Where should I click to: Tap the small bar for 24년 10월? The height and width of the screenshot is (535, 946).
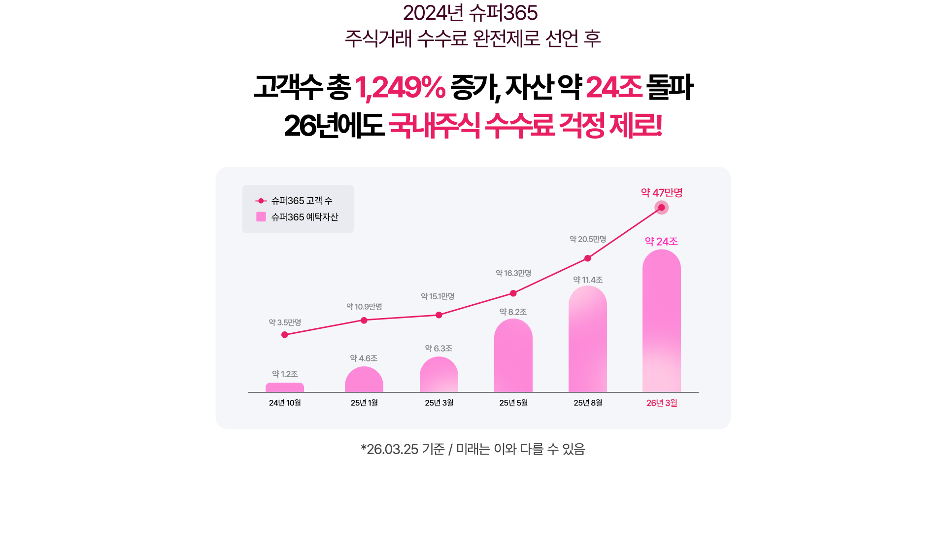284,388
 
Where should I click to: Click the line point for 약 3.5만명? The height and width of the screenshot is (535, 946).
284,335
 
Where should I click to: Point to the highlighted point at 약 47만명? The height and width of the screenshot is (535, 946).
661,208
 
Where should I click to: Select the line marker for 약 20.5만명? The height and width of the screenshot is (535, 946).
587,258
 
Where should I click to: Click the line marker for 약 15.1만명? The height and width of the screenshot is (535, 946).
439,315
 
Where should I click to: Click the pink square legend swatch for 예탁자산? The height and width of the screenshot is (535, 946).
261,217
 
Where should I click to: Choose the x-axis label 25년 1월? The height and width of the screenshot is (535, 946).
364,403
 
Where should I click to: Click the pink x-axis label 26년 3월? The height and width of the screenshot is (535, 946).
661,403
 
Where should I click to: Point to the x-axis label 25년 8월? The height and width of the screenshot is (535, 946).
587,403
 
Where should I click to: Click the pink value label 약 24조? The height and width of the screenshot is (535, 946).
661,242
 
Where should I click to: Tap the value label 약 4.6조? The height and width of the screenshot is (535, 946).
364,358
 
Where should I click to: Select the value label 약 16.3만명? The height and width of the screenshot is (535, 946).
513,273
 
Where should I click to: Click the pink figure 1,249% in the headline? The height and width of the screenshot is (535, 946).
400,88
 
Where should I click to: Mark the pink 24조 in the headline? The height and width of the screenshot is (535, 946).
613,88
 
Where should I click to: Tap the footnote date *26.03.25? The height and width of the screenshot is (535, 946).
390,449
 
